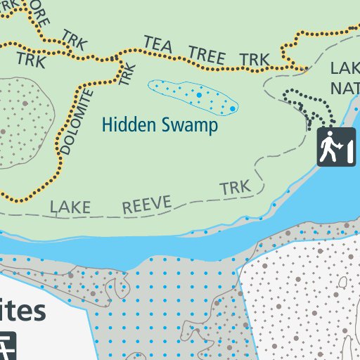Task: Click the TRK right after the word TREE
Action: [254, 60]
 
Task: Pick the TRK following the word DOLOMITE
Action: [127, 74]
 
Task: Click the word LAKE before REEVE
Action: [70, 207]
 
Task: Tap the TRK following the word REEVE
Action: [235, 188]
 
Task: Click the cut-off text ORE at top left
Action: [40, 17]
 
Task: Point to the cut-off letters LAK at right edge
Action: [345, 69]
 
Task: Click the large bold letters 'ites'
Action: [22, 311]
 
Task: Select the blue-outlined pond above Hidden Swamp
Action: [193, 96]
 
